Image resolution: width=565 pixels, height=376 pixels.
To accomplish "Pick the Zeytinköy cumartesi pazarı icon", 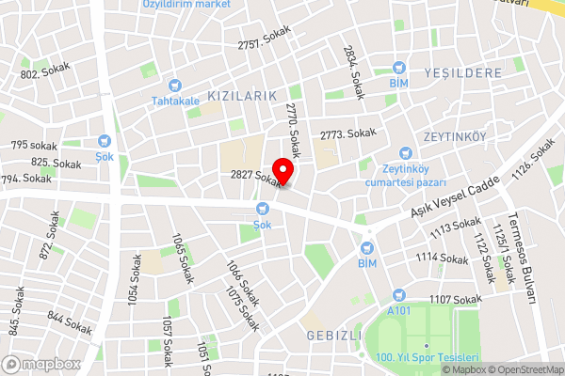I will click(406, 152).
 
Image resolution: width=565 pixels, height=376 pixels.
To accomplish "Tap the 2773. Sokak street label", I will click(347, 135).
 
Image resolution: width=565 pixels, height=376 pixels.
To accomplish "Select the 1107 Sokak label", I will click(456, 299).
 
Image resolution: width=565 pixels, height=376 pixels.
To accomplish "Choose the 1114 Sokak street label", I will click(442, 257).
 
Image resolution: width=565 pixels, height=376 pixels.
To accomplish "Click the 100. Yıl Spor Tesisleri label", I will click(428, 358).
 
